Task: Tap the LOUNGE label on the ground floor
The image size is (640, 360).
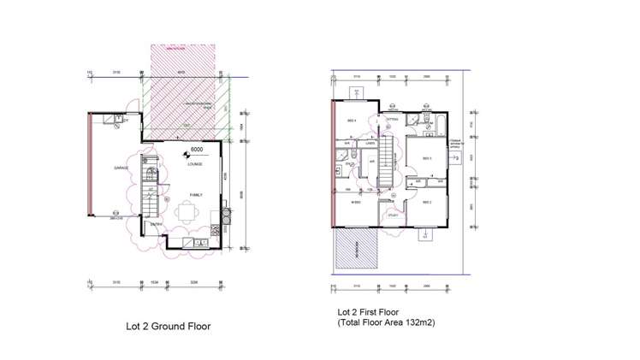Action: click(x=195, y=164)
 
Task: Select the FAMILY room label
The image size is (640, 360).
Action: click(x=196, y=195)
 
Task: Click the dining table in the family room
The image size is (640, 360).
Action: click(x=188, y=215)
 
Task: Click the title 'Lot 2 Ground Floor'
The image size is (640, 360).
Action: click(x=162, y=326)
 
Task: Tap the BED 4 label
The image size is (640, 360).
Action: click(x=350, y=121)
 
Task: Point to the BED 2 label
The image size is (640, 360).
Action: click(x=426, y=201)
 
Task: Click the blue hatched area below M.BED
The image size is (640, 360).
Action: click(x=356, y=249)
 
